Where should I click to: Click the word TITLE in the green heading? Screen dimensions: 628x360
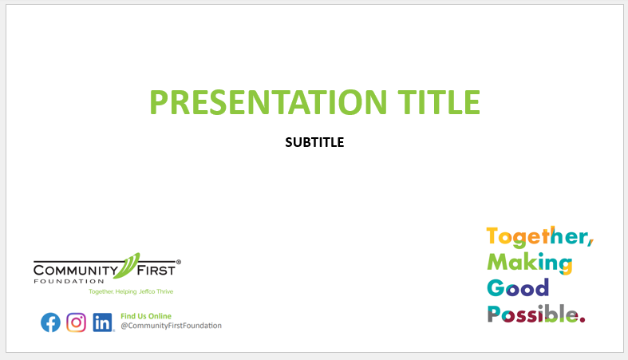tap(439, 102)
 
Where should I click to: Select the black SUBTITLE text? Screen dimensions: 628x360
tap(314, 142)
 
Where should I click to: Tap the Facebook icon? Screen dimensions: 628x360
tap(50, 322)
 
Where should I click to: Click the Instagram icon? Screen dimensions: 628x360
tap(76, 322)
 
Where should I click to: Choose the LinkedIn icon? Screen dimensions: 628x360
tap(102, 322)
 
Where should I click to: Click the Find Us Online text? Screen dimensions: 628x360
tap(146, 316)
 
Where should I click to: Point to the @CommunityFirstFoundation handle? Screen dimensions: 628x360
tap(171, 326)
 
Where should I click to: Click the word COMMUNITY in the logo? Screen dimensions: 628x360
tap(76, 271)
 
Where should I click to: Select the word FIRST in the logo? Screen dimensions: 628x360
tap(156, 271)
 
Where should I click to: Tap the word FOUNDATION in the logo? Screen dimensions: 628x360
tap(69, 281)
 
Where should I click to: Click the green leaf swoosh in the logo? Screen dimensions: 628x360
tap(127, 266)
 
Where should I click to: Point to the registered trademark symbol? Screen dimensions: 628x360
tap(179, 262)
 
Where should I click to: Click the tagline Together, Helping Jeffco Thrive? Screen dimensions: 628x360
tap(131, 291)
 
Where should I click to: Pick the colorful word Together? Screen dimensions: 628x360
tap(540, 236)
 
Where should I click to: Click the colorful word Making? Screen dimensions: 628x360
tap(530, 263)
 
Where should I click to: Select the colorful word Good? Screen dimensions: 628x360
tap(518, 288)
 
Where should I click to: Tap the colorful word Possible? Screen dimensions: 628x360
tap(536, 314)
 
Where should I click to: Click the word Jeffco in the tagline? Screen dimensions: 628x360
tap(147, 291)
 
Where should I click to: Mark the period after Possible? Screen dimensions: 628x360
tap(583, 319)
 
